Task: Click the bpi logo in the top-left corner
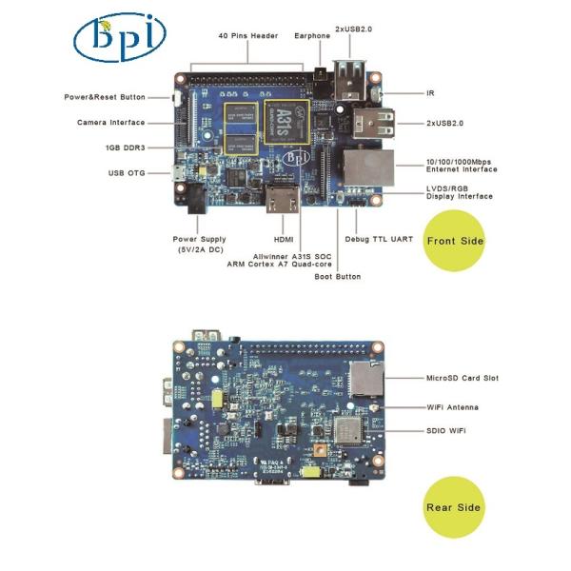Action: pos(119,36)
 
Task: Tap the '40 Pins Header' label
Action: pos(250,36)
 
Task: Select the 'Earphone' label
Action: pos(314,36)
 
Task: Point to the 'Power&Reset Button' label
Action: pos(105,97)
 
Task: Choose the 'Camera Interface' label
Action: pos(111,123)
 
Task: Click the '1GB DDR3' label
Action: pos(125,148)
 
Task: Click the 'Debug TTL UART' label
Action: pos(379,239)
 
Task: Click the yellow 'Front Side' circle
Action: pos(455,241)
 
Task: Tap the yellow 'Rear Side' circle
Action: pos(453,507)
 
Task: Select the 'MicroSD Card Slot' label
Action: pos(463,378)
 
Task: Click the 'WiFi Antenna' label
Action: pos(453,406)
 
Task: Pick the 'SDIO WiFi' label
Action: pos(446,431)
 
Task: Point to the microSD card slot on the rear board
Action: pos(363,378)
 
